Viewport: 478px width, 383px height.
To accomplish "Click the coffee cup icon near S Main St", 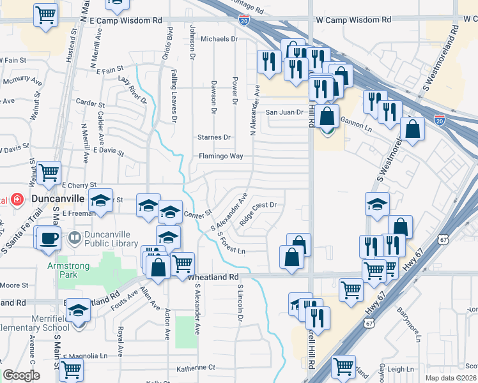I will (48, 239).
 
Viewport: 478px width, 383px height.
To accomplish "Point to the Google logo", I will (21, 375).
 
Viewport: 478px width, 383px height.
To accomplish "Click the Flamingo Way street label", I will (220, 156).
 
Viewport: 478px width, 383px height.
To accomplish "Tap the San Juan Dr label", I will (284, 112).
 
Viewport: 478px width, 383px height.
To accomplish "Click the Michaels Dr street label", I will (219, 39).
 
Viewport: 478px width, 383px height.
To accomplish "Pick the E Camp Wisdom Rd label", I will (126, 21).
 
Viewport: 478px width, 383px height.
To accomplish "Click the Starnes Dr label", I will (214, 137).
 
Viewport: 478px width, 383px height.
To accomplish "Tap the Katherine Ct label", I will (196, 368).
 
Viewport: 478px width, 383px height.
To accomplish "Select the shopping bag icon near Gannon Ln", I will (327, 117).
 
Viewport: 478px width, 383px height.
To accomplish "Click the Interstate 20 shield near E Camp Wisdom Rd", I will (244, 21).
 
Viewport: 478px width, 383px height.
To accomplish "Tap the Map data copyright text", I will (451, 378).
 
